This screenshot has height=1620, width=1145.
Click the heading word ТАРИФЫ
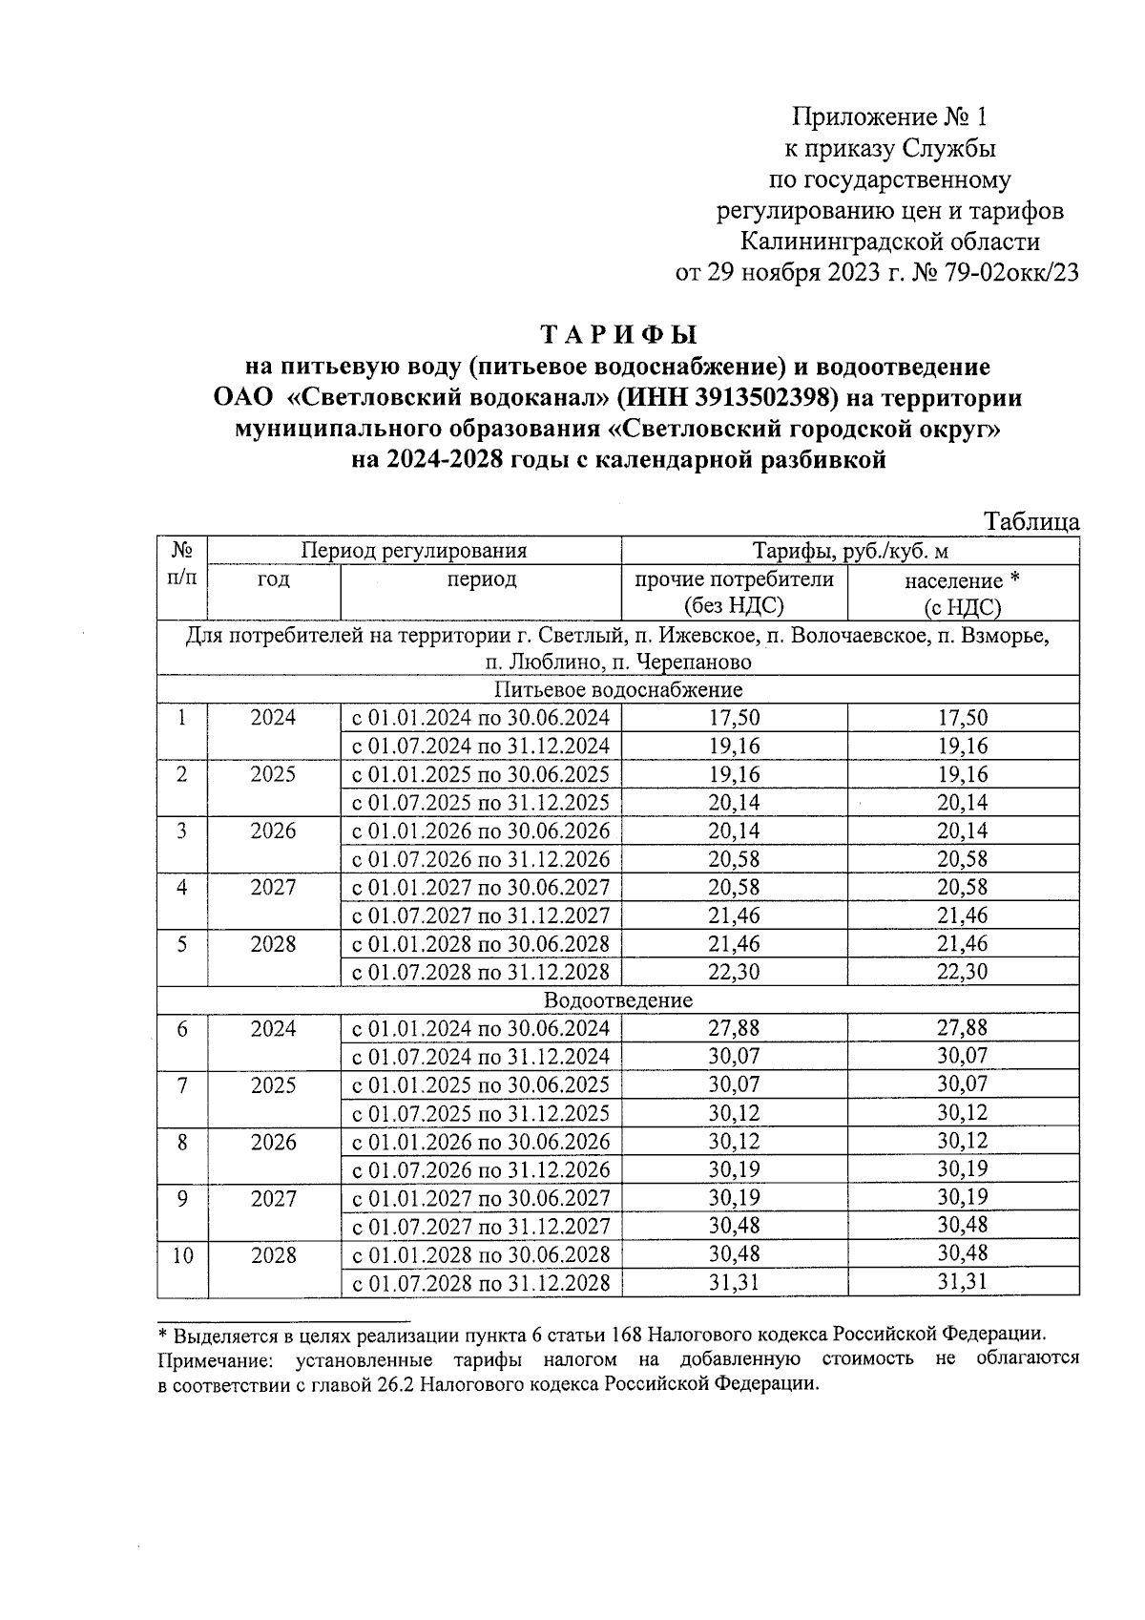(619, 335)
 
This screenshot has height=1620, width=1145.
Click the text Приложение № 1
(888, 117)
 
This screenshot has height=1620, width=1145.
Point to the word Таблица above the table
(1032, 521)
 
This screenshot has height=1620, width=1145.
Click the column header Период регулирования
(414, 551)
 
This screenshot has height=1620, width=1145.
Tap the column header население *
(962, 580)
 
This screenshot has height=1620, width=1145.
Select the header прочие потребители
(734, 579)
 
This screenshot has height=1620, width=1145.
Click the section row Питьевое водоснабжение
(618, 689)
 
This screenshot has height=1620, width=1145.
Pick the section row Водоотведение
(618, 1000)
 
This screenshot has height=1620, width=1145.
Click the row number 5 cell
(182, 944)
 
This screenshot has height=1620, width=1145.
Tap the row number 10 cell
(182, 1255)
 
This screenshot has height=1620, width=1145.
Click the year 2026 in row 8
(273, 1142)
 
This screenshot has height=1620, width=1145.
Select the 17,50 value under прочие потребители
(734, 718)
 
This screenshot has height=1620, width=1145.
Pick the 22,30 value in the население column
(962, 972)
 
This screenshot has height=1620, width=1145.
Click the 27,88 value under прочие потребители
(734, 1028)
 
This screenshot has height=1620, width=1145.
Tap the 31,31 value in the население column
(962, 1282)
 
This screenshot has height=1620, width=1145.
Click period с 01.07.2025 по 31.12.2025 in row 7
(481, 1113)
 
